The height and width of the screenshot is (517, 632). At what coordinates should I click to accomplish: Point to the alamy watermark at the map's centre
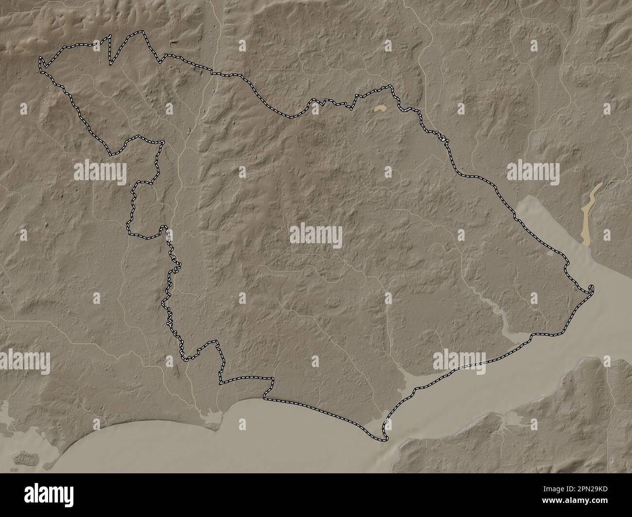[316, 236]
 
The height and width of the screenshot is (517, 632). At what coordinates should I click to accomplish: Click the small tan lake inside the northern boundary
[380, 110]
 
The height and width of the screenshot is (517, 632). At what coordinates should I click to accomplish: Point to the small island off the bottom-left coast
[24, 457]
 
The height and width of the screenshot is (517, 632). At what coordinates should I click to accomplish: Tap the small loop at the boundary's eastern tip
[590, 290]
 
